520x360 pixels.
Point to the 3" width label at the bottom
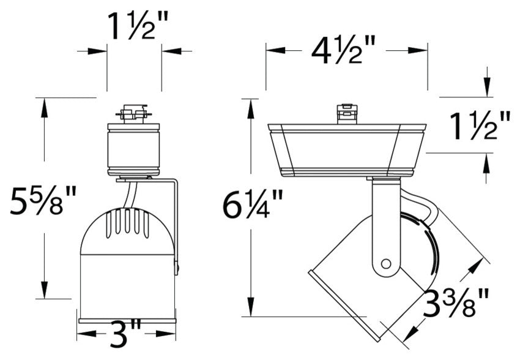[127, 334]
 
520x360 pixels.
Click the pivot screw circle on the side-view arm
[385, 263]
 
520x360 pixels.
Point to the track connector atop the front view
[134, 114]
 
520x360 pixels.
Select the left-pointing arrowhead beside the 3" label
[86, 334]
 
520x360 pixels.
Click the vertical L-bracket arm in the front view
[176, 227]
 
